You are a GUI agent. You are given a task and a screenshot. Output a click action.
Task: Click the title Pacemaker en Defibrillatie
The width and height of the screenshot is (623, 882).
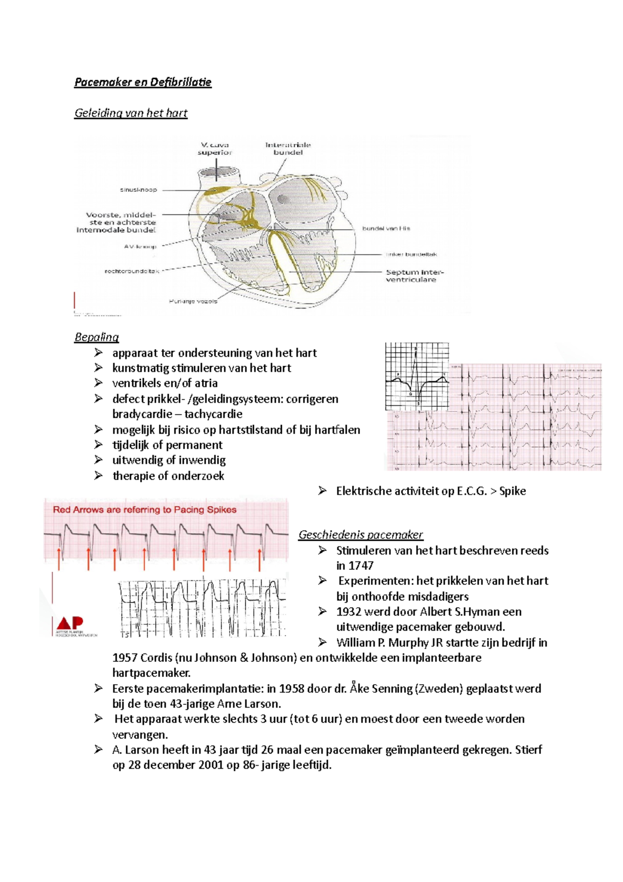pyautogui.click(x=143, y=82)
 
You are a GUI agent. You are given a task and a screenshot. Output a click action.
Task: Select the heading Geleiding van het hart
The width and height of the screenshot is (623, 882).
pyautogui.click(x=131, y=113)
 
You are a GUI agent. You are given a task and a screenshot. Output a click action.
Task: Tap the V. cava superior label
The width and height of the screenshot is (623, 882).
pyautogui.click(x=214, y=149)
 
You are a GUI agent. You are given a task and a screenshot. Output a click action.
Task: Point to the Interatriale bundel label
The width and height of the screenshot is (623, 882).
pyautogui.click(x=288, y=149)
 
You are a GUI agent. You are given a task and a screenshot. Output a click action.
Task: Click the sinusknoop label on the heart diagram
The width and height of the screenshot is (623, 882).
pyautogui.click(x=138, y=190)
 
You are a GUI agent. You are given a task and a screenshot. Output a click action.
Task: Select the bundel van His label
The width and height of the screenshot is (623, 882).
pyautogui.click(x=386, y=229)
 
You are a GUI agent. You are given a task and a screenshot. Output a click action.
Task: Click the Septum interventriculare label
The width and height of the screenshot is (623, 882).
pyautogui.click(x=414, y=276)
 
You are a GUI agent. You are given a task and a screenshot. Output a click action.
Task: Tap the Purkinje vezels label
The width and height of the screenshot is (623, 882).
pyautogui.click(x=193, y=301)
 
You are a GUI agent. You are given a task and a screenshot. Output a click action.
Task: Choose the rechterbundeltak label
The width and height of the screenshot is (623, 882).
pyautogui.click(x=132, y=271)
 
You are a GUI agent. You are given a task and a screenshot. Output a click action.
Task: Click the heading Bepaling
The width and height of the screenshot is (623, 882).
pyautogui.click(x=97, y=337)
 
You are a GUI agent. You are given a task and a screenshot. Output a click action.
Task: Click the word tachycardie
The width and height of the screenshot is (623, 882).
pyautogui.click(x=213, y=414)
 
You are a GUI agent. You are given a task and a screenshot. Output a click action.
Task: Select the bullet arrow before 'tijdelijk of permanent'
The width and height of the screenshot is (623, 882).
pyautogui.click(x=99, y=445)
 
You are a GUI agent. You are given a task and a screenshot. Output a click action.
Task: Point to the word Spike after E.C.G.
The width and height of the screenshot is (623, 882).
pyautogui.click(x=512, y=491)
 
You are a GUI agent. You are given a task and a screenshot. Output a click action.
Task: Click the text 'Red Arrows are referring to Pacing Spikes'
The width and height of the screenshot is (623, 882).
pyautogui.click(x=144, y=510)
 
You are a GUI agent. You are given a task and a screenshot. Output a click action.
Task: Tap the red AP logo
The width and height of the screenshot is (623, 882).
pyautogui.click(x=70, y=623)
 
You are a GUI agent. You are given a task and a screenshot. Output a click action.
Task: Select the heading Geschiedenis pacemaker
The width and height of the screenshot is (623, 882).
pyautogui.click(x=360, y=534)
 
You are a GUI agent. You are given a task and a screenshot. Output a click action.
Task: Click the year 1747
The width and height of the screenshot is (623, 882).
pyautogui.click(x=361, y=566)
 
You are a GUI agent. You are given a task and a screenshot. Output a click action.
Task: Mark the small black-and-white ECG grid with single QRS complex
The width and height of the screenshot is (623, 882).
pyautogui.click(x=416, y=377)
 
